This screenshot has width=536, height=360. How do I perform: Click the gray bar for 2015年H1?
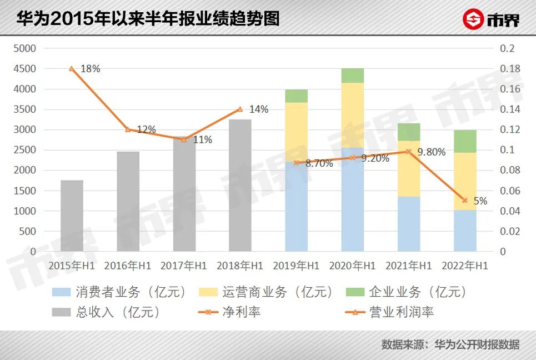[x=72, y=216]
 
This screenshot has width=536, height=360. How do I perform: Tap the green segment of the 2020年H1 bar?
[x=352, y=76]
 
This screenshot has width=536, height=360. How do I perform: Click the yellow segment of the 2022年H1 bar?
[x=465, y=181]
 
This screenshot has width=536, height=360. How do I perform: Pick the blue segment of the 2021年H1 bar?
[x=409, y=224]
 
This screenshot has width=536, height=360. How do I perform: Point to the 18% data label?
[x=90, y=69]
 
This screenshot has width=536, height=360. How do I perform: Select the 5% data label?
[x=480, y=201]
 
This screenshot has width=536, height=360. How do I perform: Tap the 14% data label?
[x=258, y=109]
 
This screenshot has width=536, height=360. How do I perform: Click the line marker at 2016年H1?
[x=128, y=129]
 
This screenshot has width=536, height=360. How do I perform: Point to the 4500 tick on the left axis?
[x=26, y=69]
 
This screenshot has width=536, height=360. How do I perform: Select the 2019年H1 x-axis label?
[x=296, y=266]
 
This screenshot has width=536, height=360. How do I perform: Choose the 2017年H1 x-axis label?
[x=184, y=266]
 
